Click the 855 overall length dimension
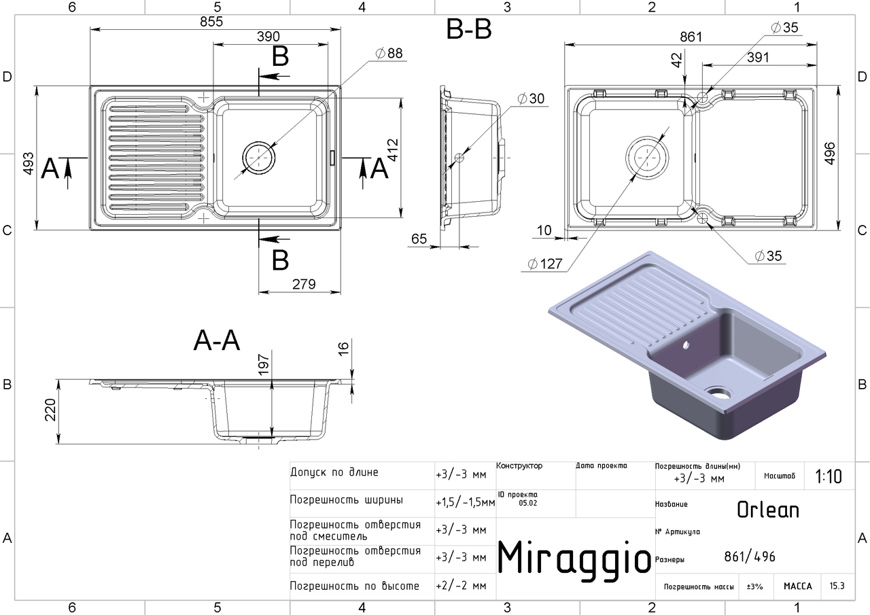pyautogui.click(x=212, y=21)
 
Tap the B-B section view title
pyautogui.click(x=469, y=31)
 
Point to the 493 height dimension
pyautogui.click(x=28, y=163)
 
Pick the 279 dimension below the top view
pyautogui.click(x=302, y=285)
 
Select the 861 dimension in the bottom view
pyautogui.click(x=691, y=37)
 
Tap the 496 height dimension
pyautogui.click(x=849, y=157)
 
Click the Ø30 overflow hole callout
pyautogui.click(x=531, y=99)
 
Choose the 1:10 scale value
pyautogui.click(x=828, y=476)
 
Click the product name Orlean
pyautogui.click(x=768, y=510)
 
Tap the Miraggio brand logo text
pyautogui.click(x=575, y=558)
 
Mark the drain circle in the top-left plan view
pyautogui.click(x=259, y=157)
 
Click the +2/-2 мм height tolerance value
pyautogui.click(x=462, y=585)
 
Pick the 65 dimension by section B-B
pyautogui.click(x=419, y=239)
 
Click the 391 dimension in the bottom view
pyautogui.click(x=757, y=57)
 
